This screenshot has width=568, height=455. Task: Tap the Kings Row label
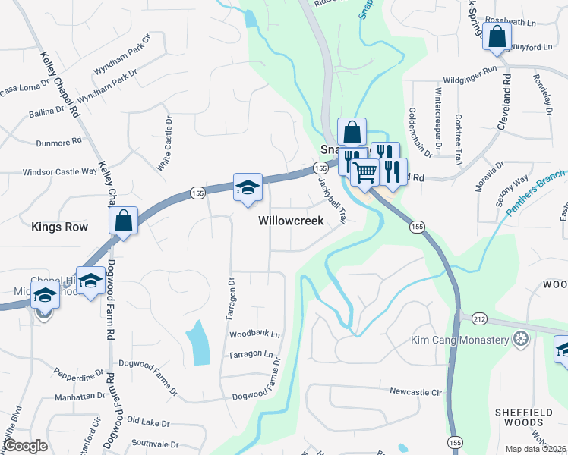[x=59, y=227]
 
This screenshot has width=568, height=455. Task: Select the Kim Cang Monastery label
[x=459, y=340]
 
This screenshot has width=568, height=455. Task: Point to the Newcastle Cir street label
[x=415, y=392]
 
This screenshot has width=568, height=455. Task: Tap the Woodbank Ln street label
[x=254, y=334]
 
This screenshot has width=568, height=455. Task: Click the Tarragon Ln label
[x=251, y=354]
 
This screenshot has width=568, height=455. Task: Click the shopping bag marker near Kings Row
[x=124, y=221]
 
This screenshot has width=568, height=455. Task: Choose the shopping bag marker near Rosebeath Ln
[x=497, y=36]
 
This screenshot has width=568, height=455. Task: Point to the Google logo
[x=26, y=446]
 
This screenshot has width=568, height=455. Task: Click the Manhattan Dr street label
[x=80, y=396]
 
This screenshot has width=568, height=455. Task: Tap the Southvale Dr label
[x=154, y=444]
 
